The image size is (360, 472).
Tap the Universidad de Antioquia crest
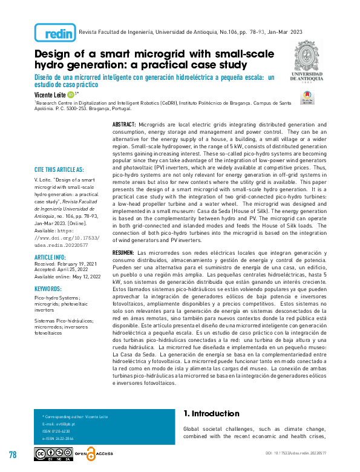pyautogui.click(x=310, y=57)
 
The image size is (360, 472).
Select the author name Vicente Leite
pyautogui.click(x=50, y=95)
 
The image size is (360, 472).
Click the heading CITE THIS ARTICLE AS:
pyautogui.click(x=59, y=169)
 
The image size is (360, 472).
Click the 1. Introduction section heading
pyautogui.click(x=211, y=414)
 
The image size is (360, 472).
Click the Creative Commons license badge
pyautogui.click(x=53, y=454)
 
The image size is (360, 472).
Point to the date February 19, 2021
pyautogui.click(x=79, y=264)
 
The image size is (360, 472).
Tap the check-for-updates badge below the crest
pyautogui.click(x=308, y=98)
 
